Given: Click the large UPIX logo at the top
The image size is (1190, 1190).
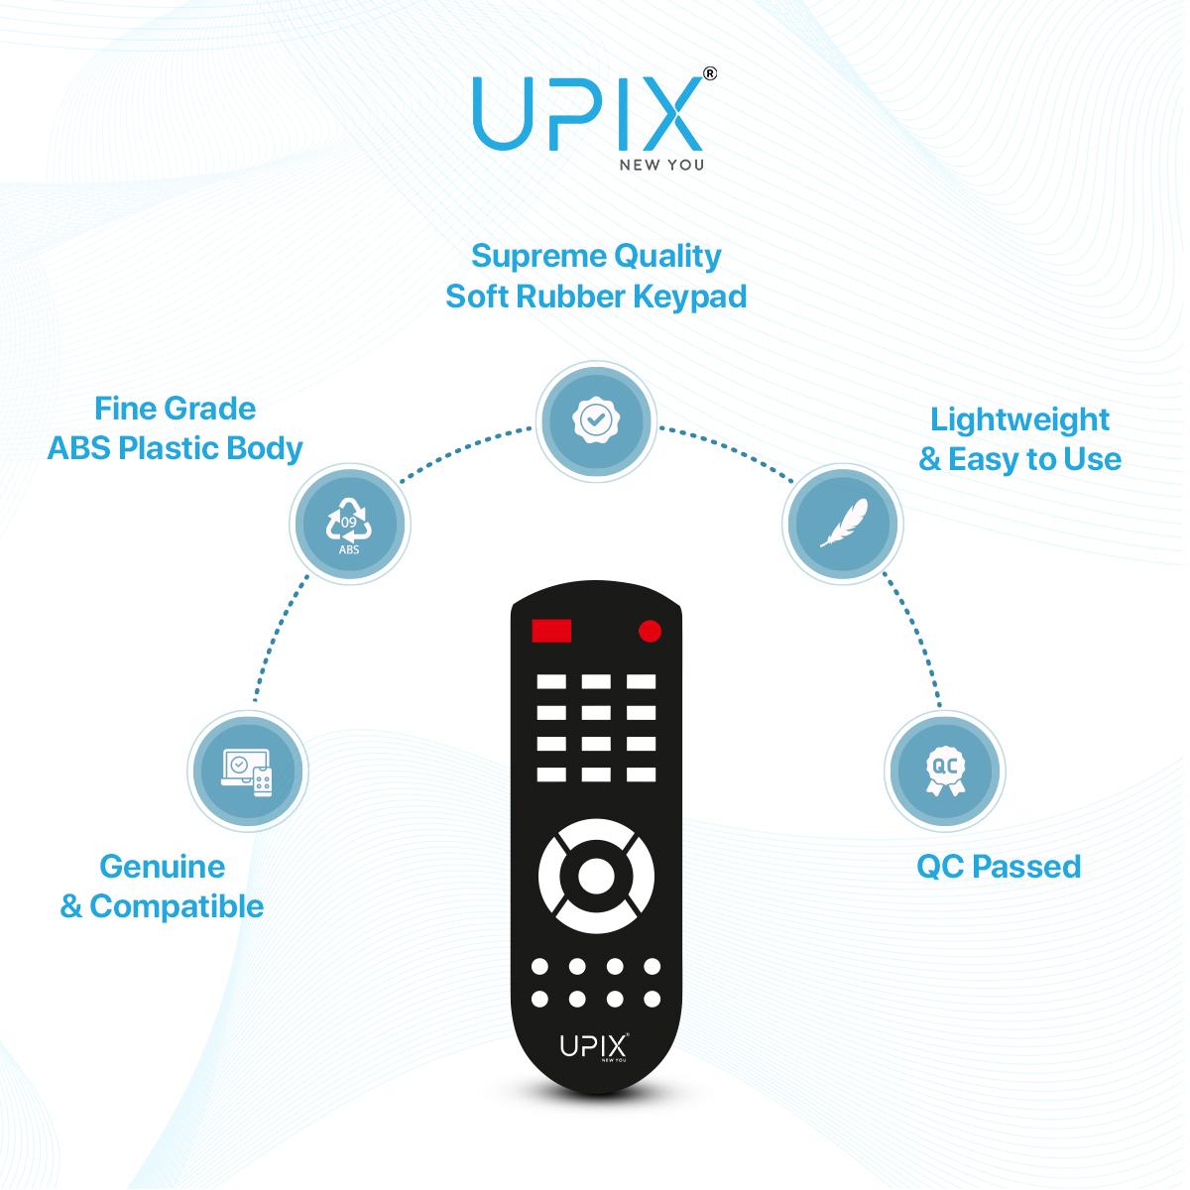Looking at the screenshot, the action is coord(588,114).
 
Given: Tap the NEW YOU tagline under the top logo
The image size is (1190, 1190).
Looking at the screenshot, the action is coord(661,165).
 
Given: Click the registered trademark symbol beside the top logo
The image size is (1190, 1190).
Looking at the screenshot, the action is coord(710,74).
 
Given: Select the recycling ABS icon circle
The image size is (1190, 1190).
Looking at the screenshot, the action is coord(349,524).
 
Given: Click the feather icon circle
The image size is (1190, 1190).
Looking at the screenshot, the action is coord(842,524).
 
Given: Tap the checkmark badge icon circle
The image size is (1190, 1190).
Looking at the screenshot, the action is coord(596,421).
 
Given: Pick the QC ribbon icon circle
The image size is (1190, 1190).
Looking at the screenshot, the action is coord(944,771).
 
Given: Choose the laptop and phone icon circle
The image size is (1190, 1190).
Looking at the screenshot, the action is coord(248,771).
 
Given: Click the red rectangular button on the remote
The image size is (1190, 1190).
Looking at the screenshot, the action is coord(550,631).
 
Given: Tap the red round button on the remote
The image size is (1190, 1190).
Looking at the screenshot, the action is coord(650,631).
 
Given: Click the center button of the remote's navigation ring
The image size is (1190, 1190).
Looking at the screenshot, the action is coord(596,876).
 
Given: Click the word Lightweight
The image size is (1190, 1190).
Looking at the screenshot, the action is coord(1019,420).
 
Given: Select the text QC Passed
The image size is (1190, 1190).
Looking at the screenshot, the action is coord(999,867).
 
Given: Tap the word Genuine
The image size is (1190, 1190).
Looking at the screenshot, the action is coord(163,867).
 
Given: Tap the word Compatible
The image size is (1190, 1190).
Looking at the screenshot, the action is coord(177,906).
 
